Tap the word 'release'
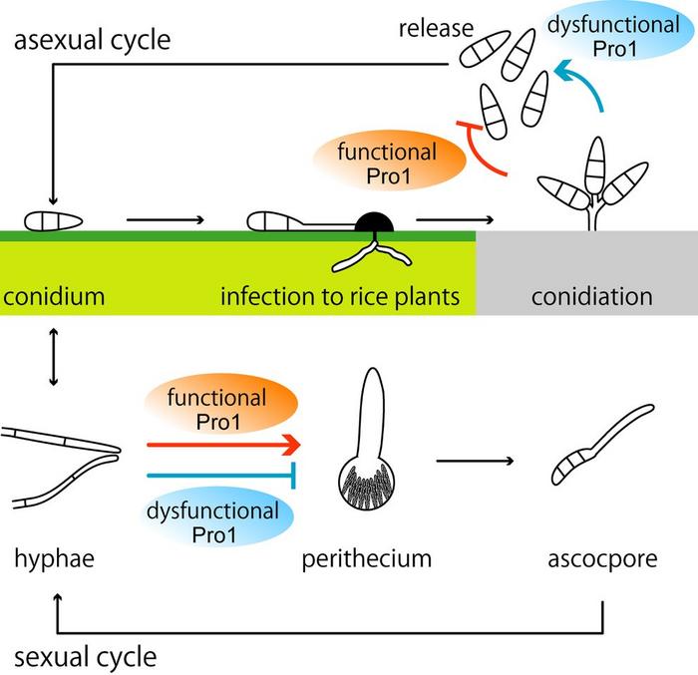435,27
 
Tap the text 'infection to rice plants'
339,296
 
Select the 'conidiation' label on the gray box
591,296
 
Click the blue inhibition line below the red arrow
223,474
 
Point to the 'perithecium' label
367,558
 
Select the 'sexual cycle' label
86,657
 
